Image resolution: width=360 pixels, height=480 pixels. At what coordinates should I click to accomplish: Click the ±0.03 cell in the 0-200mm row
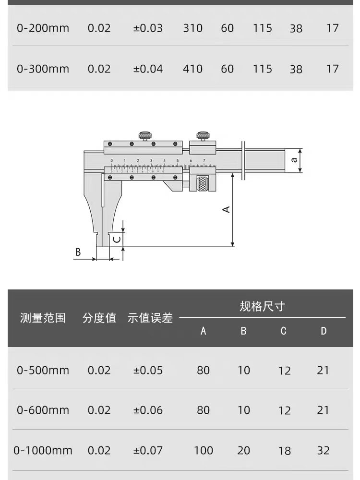(148, 28)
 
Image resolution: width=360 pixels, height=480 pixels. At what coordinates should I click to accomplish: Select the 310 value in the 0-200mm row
(192, 28)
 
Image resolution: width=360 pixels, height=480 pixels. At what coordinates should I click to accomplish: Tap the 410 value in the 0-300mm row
(192, 69)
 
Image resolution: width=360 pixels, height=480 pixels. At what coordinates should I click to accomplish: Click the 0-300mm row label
(43, 69)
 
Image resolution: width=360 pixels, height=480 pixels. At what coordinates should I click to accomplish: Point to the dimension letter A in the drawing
(227, 209)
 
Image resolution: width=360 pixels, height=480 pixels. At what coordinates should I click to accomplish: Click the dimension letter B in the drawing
(78, 252)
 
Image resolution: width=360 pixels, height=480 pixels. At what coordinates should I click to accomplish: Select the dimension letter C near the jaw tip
(116, 239)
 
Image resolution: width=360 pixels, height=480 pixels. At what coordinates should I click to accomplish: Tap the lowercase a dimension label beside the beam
(294, 160)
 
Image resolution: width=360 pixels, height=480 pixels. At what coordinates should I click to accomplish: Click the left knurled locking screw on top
(145, 135)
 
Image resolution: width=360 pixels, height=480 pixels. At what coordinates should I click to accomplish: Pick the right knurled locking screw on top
(203, 135)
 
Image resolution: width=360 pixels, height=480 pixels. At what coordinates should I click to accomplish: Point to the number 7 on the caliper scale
(204, 161)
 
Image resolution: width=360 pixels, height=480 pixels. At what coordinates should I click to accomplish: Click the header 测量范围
(43, 318)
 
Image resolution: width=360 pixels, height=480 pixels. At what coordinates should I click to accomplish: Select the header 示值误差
(150, 318)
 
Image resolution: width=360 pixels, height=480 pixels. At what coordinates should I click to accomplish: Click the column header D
(324, 331)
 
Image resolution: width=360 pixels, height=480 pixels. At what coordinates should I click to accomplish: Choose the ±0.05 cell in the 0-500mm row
(148, 371)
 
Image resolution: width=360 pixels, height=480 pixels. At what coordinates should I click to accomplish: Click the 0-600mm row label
(43, 410)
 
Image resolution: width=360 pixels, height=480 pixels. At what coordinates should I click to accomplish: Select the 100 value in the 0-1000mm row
(203, 451)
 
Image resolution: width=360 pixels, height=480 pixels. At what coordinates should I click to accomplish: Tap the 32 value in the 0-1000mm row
(324, 451)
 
